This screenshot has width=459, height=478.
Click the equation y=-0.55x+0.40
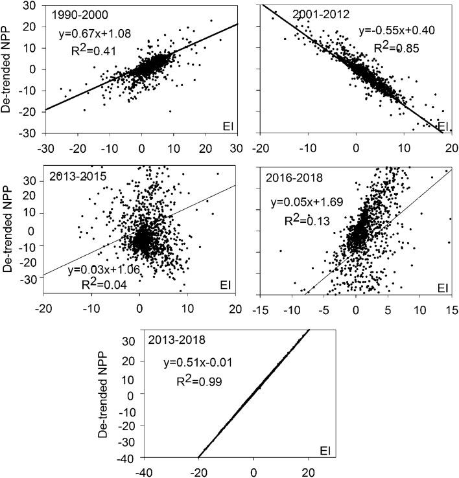point(392,30)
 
